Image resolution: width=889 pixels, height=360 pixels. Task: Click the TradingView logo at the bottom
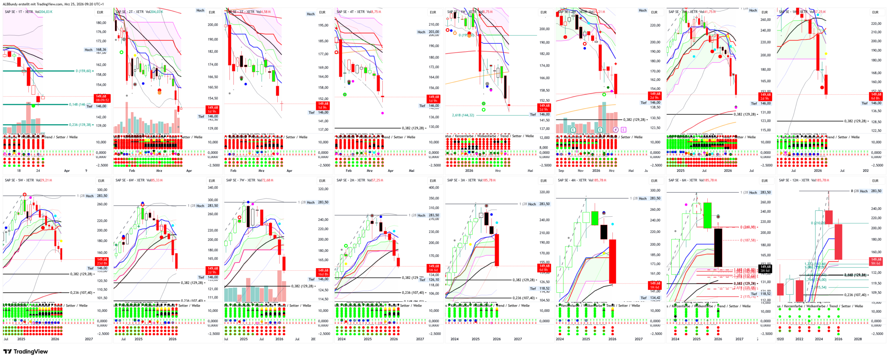(x=25, y=351)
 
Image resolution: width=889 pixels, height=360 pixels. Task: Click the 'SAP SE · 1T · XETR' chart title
(x=19, y=12)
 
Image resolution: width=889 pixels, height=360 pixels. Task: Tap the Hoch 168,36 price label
(x=96, y=50)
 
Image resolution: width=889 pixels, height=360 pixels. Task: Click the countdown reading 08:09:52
(x=102, y=100)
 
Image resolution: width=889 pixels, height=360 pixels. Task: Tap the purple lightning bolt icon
(x=616, y=130)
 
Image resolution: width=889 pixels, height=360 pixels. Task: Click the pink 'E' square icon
(x=623, y=130)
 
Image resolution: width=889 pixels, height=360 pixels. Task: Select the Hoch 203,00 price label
(x=428, y=32)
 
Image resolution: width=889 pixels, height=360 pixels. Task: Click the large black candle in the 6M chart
(x=718, y=248)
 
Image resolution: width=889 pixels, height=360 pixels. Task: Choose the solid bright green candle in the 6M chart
(x=707, y=215)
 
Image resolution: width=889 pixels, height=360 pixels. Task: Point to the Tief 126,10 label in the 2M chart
(x=429, y=280)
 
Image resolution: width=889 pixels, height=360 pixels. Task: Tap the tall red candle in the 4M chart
(x=612, y=261)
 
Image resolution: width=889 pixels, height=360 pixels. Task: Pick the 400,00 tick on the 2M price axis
(x=434, y=187)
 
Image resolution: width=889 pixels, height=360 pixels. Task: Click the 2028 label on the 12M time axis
(x=858, y=339)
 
